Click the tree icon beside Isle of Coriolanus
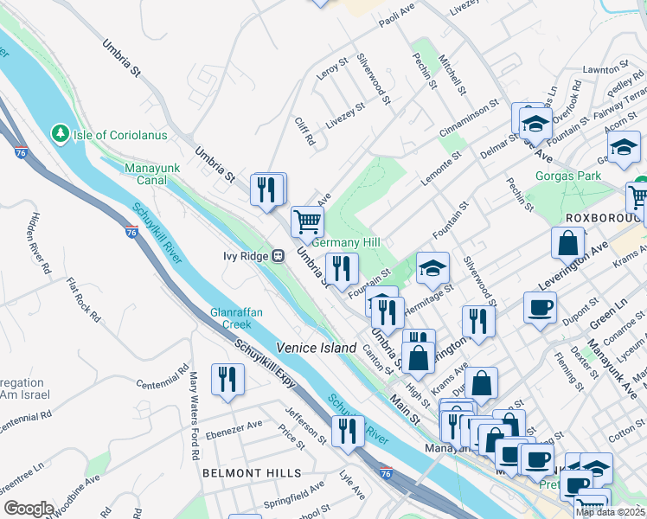pos(60,134)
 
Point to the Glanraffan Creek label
pos(230,318)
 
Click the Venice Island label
pos(317,348)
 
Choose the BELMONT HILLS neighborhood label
pos(252,473)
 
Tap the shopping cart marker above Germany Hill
pos(307,222)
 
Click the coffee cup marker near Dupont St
pos(540,307)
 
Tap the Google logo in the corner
pos(29,509)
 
